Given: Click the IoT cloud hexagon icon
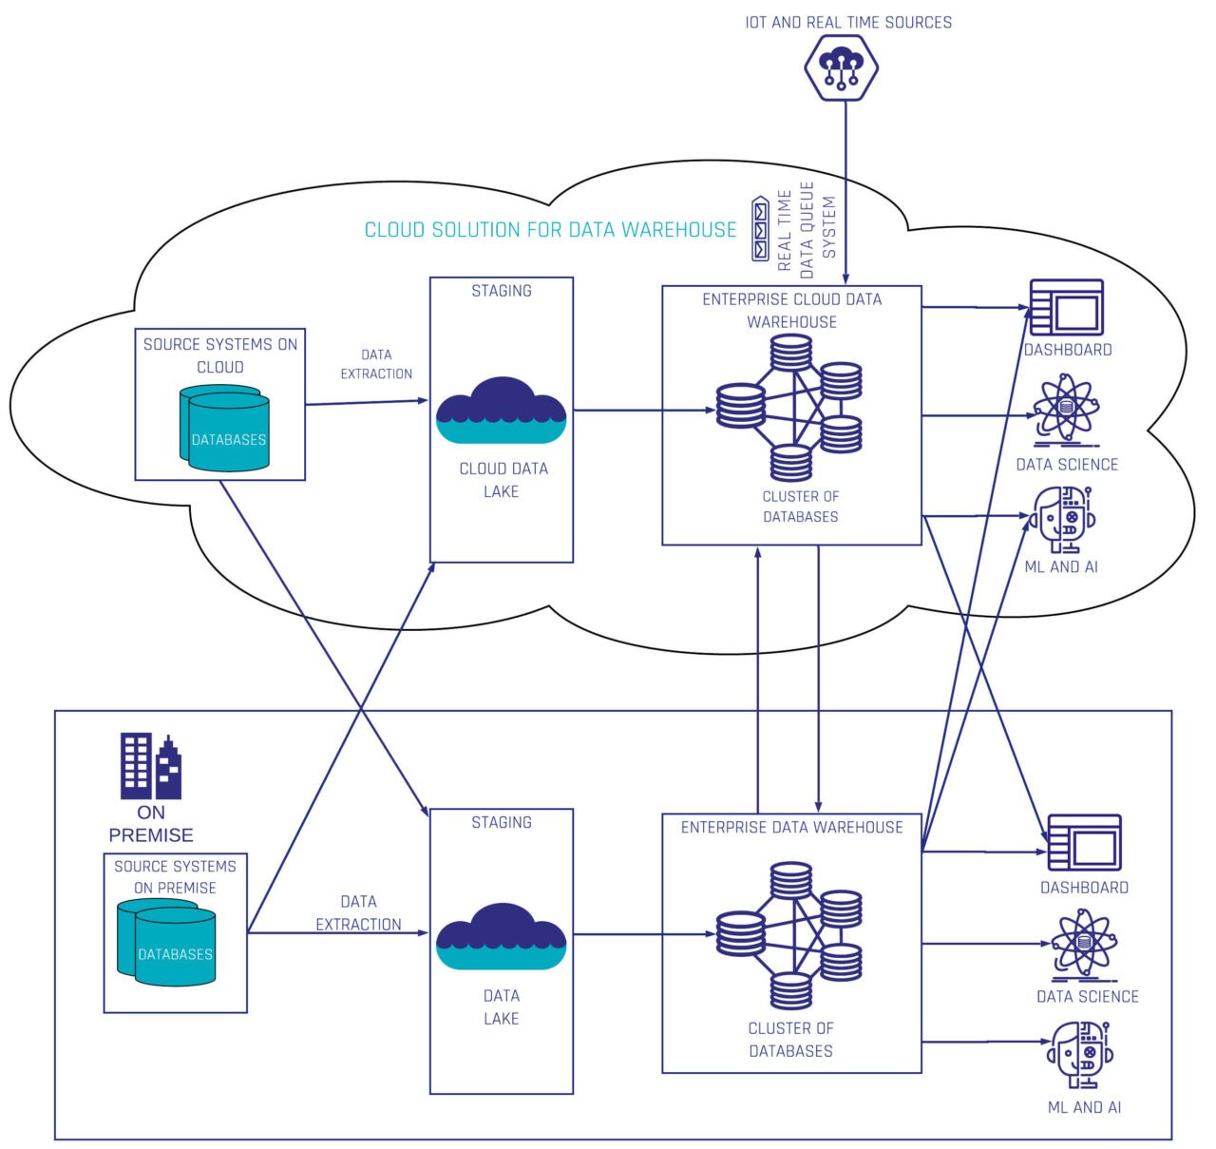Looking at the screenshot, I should [841, 67].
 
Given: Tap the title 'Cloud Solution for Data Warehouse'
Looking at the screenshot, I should [550, 230].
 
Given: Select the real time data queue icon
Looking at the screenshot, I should [760, 229].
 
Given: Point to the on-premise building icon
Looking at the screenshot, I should [150, 766].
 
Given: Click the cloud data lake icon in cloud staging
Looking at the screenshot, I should [501, 411].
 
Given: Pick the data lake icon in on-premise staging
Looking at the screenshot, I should [501, 937].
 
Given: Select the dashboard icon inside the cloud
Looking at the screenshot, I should [1066, 307].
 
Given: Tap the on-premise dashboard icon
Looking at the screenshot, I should [1084, 842].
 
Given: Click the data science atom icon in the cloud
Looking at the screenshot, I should [1066, 410].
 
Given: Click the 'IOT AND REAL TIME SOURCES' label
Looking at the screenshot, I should [847, 22].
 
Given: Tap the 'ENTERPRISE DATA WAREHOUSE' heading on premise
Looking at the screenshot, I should [791, 828].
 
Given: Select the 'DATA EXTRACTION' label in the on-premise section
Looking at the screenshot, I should [358, 912].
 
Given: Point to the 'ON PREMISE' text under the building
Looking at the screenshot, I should [150, 824].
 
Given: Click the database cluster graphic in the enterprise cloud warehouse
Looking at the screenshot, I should [789, 409].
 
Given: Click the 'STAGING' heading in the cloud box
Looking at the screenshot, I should [501, 291].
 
